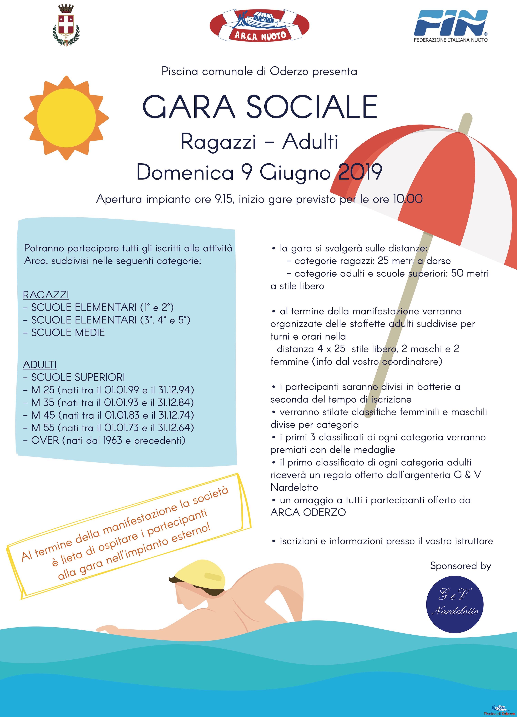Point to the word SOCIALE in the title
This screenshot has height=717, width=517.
312,107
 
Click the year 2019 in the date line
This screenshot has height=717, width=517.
360,172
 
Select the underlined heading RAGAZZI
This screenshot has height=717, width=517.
46,295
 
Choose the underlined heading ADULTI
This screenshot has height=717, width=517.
40,364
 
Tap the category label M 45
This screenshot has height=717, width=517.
43,415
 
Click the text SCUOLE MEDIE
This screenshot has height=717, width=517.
68,333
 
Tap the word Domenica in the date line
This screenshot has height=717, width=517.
185,172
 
